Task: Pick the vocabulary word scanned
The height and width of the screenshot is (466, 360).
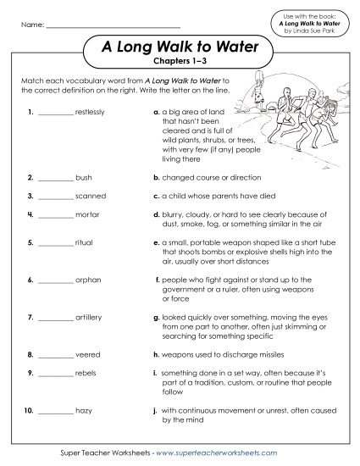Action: coord(91,197)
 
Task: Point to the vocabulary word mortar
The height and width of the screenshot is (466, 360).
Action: coord(87,215)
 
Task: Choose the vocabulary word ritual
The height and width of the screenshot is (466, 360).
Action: coord(85,241)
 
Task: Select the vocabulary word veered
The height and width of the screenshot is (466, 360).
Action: coord(88,353)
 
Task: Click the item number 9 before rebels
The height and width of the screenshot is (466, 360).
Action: coord(30,372)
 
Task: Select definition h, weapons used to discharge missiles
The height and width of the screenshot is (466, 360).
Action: coord(224,353)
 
